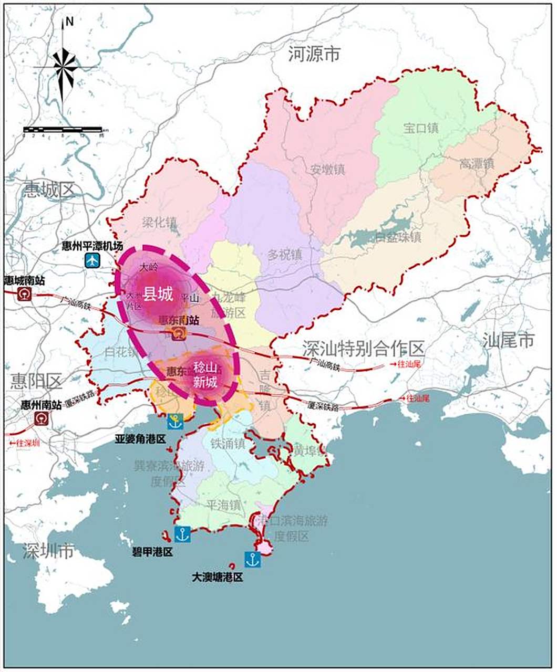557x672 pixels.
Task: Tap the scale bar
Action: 63,129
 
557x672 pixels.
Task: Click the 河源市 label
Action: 314,54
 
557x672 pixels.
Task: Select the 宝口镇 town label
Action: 420,128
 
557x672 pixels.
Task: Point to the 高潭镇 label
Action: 477,164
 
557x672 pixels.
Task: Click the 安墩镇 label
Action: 327,170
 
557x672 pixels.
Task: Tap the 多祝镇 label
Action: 285,255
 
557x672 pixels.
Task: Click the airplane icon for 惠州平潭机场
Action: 93,259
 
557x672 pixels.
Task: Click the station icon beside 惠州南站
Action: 42,418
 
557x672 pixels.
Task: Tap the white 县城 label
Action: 158,295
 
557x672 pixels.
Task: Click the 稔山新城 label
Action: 205,374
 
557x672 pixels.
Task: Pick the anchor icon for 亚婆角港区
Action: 175,421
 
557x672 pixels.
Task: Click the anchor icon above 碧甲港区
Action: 182,534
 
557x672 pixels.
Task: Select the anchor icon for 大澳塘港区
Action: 252,559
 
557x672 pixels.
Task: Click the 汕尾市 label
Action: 508,340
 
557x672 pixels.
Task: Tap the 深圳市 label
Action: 48,551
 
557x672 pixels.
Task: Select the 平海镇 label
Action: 223,505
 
